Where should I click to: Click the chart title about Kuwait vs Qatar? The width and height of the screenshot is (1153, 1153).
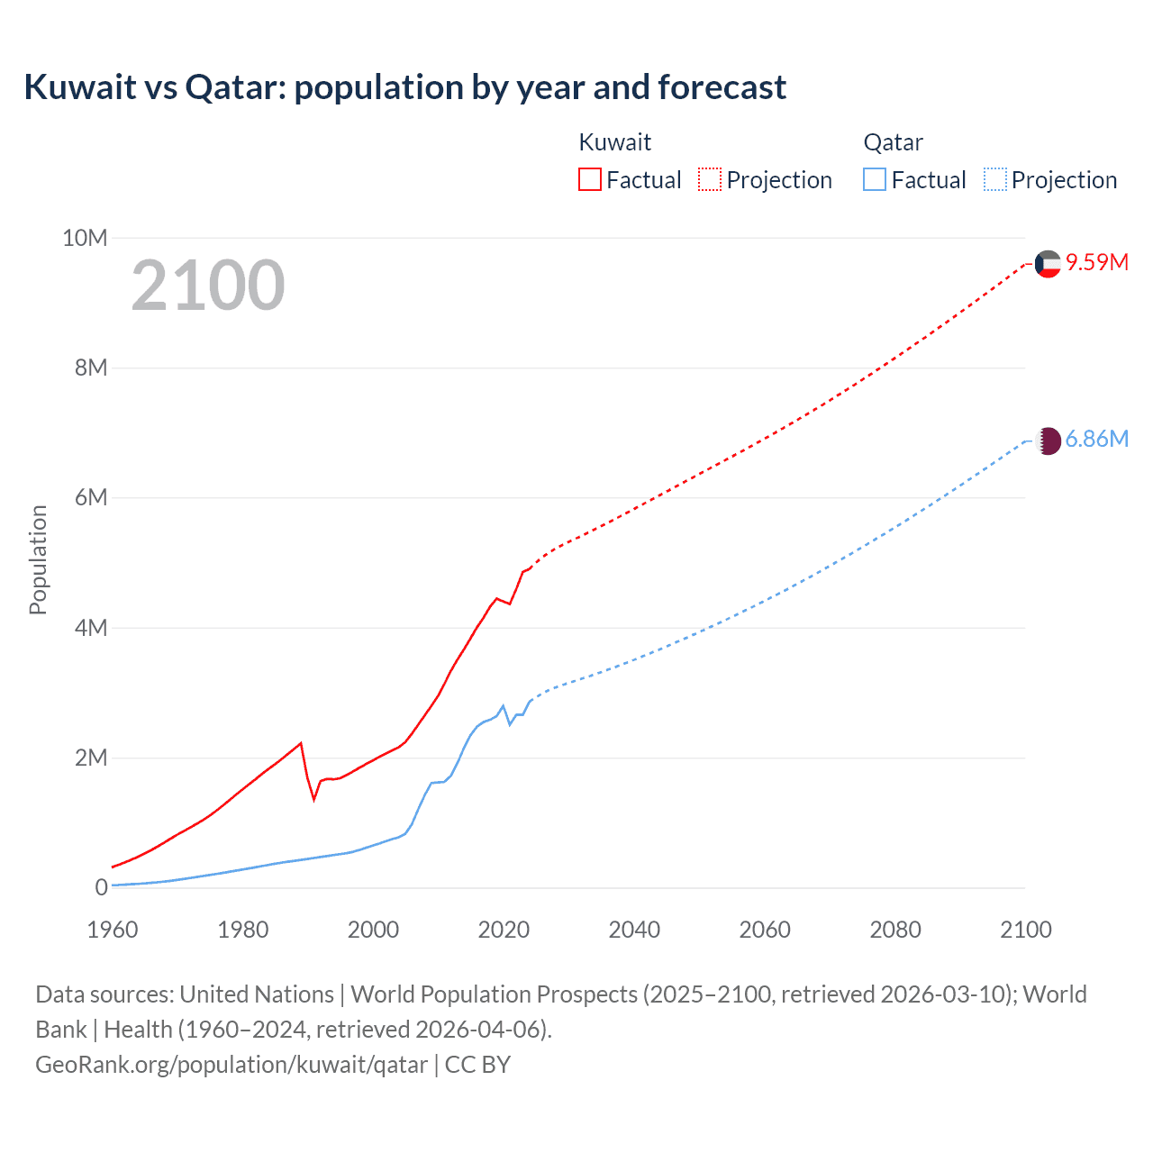pos(405,87)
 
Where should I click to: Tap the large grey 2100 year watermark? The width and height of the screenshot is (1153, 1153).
pos(208,286)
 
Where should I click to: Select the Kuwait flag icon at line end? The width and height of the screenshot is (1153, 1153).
pos(1048,263)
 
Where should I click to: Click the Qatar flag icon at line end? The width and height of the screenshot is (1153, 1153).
pos(1049,440)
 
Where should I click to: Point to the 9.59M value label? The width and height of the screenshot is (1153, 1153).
pos(1097,262)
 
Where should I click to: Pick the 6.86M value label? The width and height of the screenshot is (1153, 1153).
pos(1097,439)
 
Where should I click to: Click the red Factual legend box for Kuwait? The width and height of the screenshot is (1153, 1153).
pos(590,179)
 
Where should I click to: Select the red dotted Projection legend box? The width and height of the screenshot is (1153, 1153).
pos(710,179)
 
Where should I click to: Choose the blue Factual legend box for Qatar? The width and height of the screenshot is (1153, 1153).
pos(875,179)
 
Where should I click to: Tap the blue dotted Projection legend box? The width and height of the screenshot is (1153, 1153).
pos(995,179)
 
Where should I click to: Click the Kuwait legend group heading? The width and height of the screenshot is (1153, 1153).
pos(614,142)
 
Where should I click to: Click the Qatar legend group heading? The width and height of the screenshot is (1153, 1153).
pos(893,142)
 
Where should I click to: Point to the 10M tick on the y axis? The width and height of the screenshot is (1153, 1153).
pos(85,238)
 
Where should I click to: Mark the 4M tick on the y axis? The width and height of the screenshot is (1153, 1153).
pos(90,628)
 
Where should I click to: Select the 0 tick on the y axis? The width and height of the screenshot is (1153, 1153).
pos(101,887)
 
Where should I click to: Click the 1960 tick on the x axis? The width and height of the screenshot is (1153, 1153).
pos(113,930)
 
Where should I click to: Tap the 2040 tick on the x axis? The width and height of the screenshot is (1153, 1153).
pos(634,930)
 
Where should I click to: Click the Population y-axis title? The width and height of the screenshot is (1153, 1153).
pos(38,559)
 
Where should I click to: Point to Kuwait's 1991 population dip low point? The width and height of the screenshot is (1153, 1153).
pos(314,799)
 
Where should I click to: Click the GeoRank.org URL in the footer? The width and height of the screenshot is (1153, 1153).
pos(232,1065)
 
